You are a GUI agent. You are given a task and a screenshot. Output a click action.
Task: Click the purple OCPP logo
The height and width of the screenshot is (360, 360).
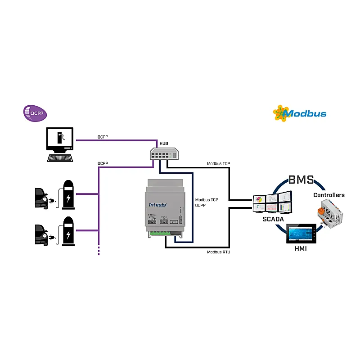click(35, 113)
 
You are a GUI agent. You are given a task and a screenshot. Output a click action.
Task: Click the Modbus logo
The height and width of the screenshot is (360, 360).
click(300, 113)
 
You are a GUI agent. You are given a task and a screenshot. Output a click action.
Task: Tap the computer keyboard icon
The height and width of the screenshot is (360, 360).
click(60, 157)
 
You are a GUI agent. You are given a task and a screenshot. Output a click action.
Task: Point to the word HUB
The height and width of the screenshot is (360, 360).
click(164, 144)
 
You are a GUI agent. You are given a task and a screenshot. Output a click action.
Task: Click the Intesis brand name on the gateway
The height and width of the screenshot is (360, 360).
click(157, 205)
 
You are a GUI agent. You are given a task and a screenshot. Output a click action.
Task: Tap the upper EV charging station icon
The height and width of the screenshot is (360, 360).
click(68, 194)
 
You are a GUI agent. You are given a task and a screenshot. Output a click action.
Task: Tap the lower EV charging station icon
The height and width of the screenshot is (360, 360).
click(68, 231)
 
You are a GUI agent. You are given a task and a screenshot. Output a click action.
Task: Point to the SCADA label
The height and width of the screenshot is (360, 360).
click(273, 219)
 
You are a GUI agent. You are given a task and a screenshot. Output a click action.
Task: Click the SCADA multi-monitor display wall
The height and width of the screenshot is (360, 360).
click(273, 202)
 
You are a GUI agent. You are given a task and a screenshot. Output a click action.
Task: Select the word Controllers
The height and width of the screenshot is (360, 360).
click(329, 195)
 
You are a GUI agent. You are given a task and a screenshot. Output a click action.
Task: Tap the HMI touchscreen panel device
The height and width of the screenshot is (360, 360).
click(302, 234)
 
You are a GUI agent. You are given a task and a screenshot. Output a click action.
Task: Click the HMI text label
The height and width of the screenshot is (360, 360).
click(300, 248)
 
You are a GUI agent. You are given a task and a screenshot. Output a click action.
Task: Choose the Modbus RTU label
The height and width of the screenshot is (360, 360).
click(219, 252)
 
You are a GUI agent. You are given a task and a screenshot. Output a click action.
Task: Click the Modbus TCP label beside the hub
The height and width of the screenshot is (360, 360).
click(219, 164)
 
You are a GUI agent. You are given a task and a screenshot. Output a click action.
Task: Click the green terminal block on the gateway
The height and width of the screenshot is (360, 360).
click(160, 233)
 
